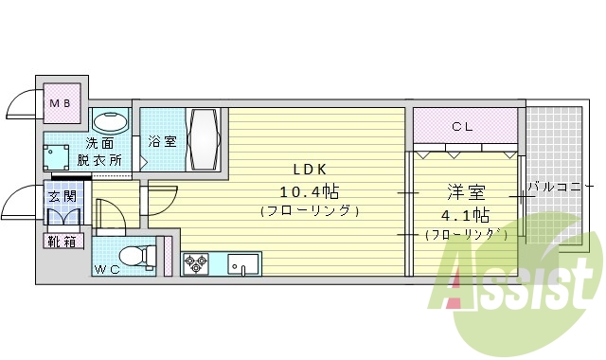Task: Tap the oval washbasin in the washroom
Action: (112, 122)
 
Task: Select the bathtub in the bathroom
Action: (205, 138)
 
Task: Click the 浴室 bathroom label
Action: (163, 142)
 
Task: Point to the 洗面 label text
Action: (100, 144)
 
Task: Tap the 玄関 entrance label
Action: (62, 197)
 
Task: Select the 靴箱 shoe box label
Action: (62, 241)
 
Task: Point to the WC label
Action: (107, 269)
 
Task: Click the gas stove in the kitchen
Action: (195, 263)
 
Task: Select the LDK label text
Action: (309, 170)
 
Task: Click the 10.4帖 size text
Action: (309, 189)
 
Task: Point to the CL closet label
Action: (463, 125)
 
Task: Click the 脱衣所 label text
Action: (100, 160)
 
